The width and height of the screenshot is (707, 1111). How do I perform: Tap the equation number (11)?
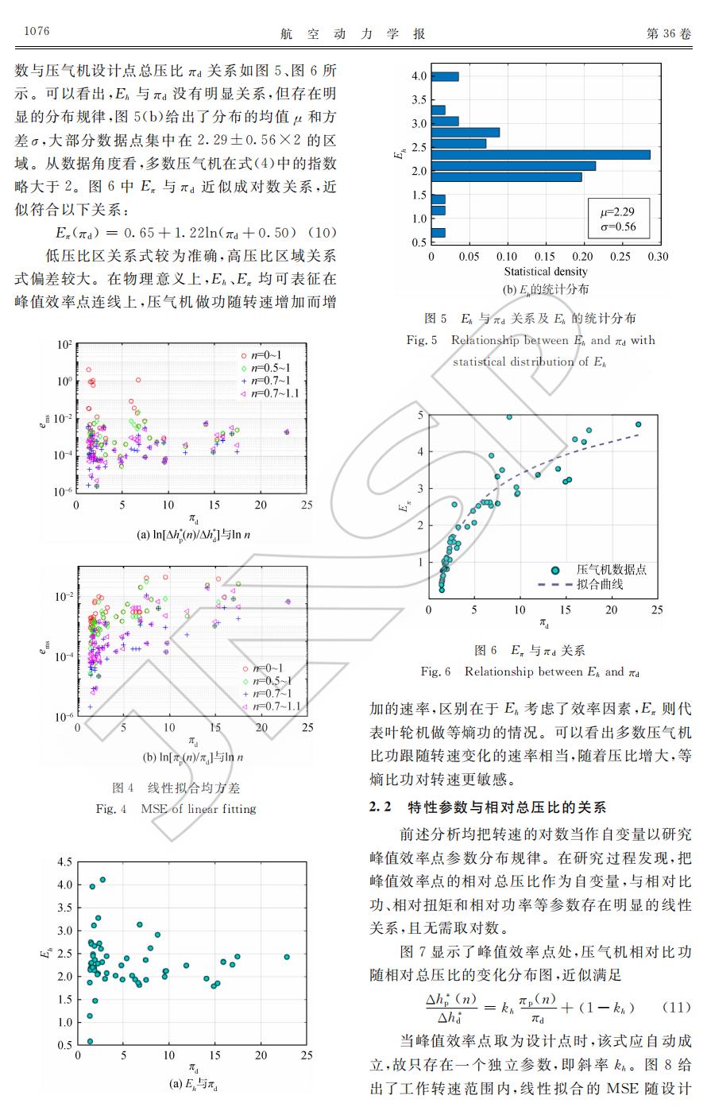(676, 1007)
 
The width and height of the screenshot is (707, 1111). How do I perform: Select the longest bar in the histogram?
(541, 154)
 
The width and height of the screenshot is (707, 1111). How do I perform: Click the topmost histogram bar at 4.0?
(445, 76)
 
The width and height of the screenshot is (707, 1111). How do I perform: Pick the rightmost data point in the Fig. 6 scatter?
(638, 424)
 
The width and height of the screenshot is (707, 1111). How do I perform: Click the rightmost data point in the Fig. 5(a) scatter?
(287, 957)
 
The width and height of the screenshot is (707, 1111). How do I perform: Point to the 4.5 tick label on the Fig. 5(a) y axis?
(64, 862)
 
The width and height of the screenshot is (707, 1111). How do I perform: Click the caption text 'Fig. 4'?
(111, 809)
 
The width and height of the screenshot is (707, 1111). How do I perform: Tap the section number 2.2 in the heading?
(381, 807)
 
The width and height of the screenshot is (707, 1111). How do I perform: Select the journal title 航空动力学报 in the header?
(353, 33)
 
